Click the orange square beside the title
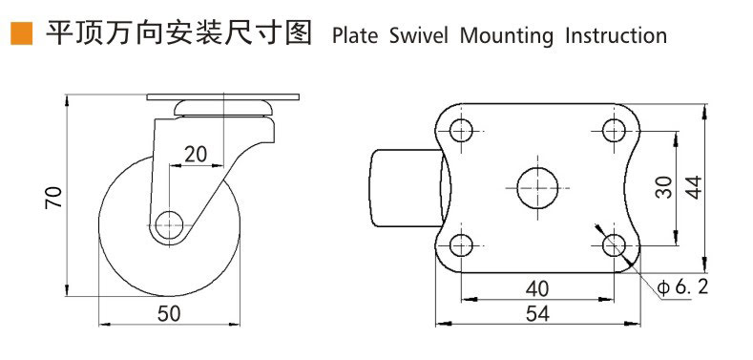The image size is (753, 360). pyautogui.click(x=18, y=35)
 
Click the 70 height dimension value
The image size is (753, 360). pyautogui.click(x=54, y=197)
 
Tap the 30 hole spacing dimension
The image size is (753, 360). pyautogui.click(x=665, y=186)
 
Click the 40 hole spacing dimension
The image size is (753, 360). pyautogui.click(x=536, y=286)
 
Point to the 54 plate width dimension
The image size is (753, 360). pyautogui.click(x=536, y=314)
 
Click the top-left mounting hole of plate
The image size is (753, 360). pyautogui.click(x=462, y=130)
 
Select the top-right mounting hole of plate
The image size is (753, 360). pyautogui.click(x=613, y=130)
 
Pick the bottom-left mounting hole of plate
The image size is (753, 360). pyautogui.click(x=462, y=244)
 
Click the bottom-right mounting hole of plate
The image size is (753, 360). pyautogui.click(x=613, y=244)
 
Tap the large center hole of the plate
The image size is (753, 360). pyautogui.click(x=537, y=186)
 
